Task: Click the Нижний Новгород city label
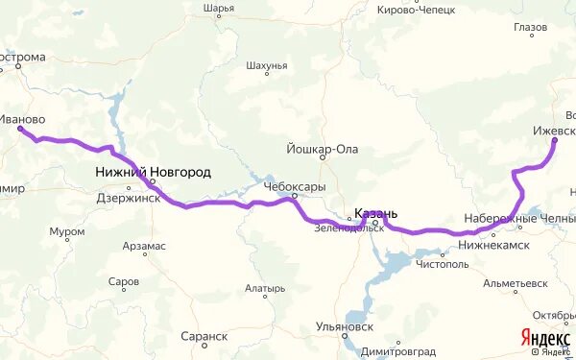tap(153, 172)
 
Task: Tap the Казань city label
tap(375, 213)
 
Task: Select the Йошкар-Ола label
tap(322, 149)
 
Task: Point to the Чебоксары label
tap(295, 186)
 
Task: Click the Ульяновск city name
tap(343, 326)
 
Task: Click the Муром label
tap(67, 231)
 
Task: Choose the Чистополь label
tap(442, 263)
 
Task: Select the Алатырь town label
tap(264, 288)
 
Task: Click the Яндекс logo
tap(544, 337)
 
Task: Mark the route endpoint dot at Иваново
tap(21, 130)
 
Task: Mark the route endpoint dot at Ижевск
tap(555, 141)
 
